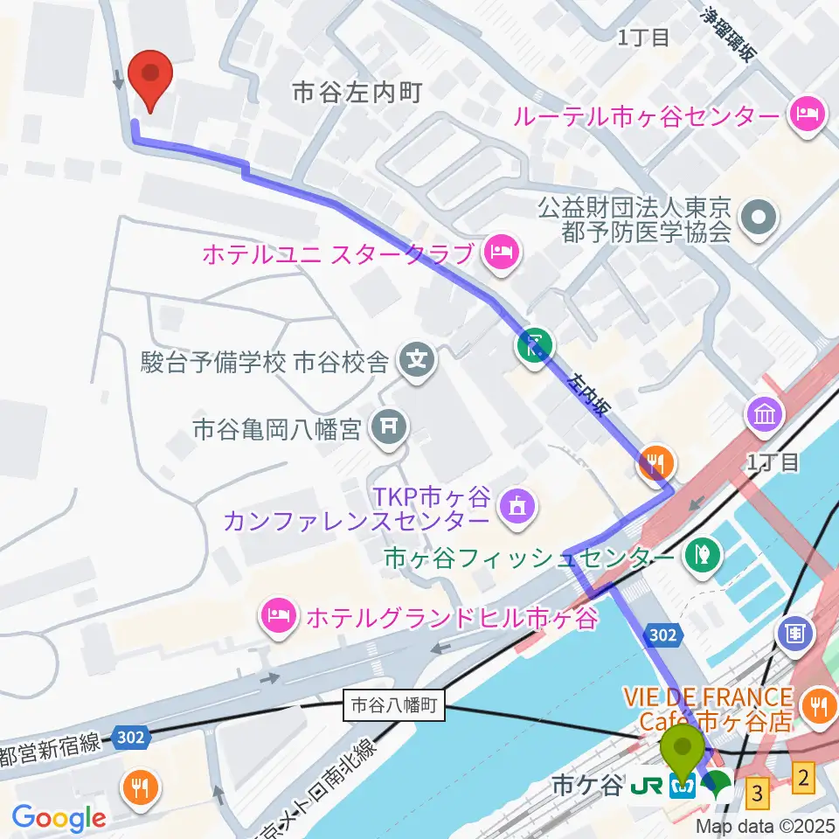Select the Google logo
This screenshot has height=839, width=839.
pyautogui.click(x=58, y=819)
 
